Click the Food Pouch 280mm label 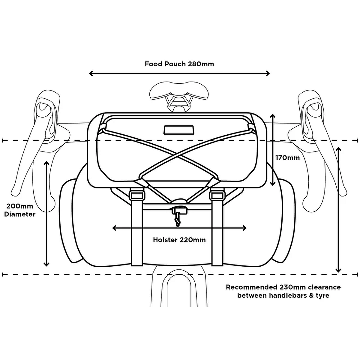pyautogui.click(x=179, y=64)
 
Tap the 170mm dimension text pyautogui.click(x=288, y=158)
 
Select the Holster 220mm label pyautogui.click(x=179, y=240)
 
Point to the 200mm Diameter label pyautogui.click(x=19, y=210)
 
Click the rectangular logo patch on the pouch pyautogui.click(x=179, y=130)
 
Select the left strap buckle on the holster pyautogui.click(x=137, y=195)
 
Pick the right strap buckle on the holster pyautogui.click(x=217, y=195)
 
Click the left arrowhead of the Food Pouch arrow pyautogui.click(x=91, y=73)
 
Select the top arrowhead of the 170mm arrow pyautogui.click(x=273, y=116)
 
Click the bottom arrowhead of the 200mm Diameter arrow pyautogui.click(x=46, y=264)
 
